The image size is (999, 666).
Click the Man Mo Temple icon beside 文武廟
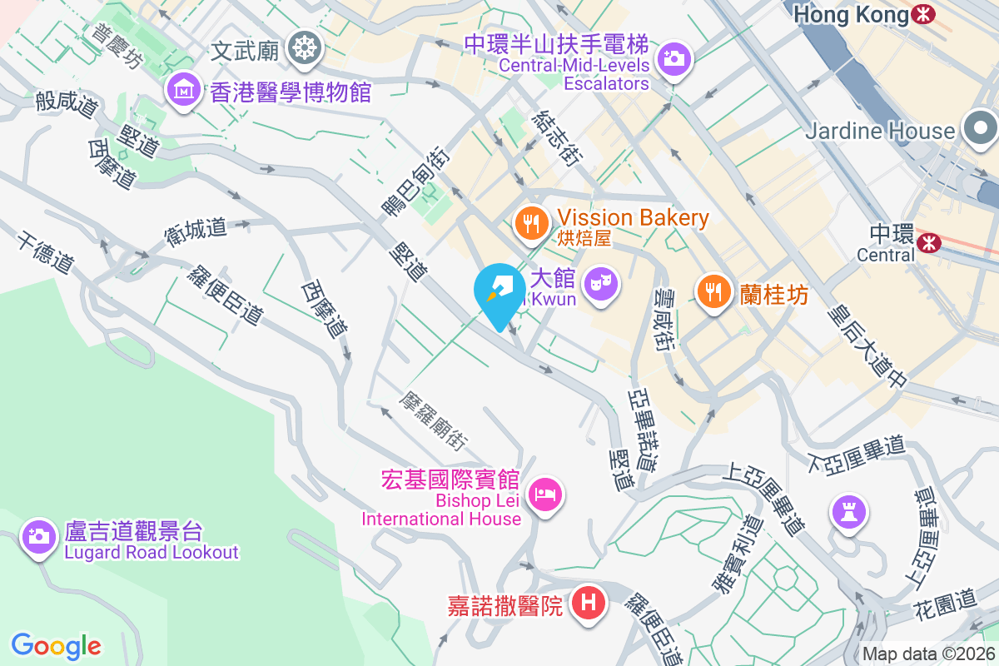click(x=304, y=49)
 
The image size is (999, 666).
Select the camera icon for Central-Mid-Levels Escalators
click(x=673, y=58)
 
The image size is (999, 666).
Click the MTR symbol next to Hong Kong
click(x=922, y=14)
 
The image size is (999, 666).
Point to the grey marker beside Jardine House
click(x=981, y=130)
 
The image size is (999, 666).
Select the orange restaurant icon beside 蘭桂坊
click(x=713, y=292)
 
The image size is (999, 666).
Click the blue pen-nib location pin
click(x=499, y=291)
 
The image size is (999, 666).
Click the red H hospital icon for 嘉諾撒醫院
click(x=589, y=603)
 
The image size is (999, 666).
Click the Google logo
click(x=56, y=646)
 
